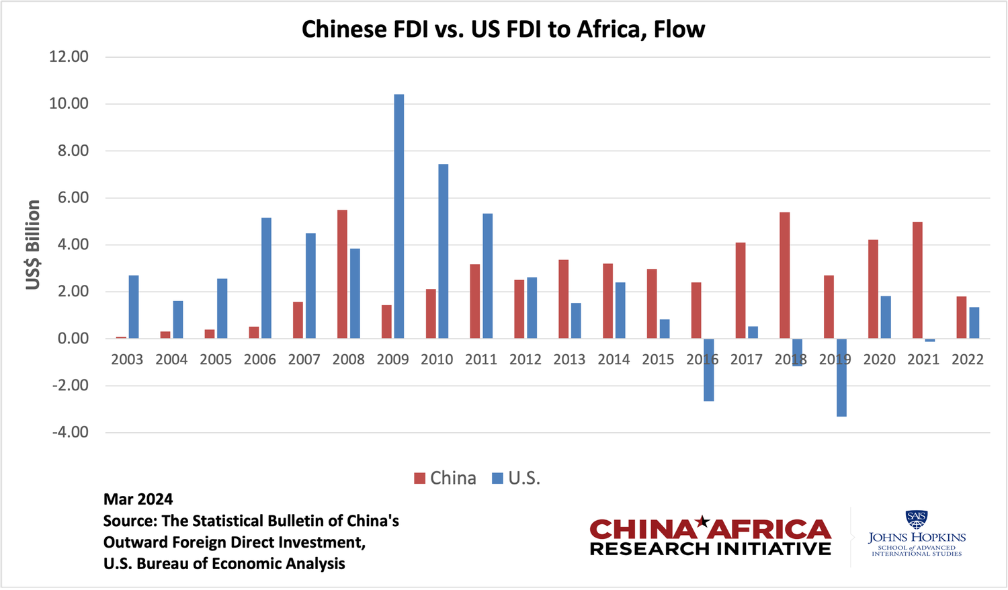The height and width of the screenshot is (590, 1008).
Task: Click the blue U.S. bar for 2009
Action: pyautogui.click(x=399, y=216)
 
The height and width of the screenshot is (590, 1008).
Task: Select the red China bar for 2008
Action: pyautogui.click(x=342, y=274)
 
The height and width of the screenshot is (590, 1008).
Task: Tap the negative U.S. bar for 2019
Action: pyautogui.click(x=841, y=377)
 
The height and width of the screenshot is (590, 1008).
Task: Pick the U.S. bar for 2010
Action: pyautogui.click(x=443, y=251)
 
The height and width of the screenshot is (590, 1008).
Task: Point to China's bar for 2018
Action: pyautogui.click(x=784, y=276)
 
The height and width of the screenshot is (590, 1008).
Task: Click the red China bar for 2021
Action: pyautogui.click(x=917, y=280)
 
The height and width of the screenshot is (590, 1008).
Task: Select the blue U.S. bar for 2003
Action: pyautogui.click(x=134, y=307)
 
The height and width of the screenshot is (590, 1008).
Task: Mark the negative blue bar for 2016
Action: pyautogui.click(x=708, y=370)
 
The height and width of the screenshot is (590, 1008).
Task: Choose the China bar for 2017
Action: pyautogui.click(x=741, y=290)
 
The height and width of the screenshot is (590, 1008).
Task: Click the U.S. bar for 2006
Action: pyautogui.click(x=266, y=278)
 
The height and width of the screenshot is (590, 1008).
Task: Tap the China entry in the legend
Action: pyautogui.click(x=445, y=478)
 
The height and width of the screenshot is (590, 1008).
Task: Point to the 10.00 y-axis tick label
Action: pyautogui.click(x=69, y=103)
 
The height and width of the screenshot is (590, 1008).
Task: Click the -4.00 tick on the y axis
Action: pyautogui.click(x=71, y=432)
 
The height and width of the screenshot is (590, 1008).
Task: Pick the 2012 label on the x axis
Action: pyautogui.click(x=526, y=360)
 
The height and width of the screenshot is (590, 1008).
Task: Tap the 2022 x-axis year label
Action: pyautogui.click(x=968, y=360)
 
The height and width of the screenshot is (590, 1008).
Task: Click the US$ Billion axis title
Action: pyautogui.click(x=33, y=245)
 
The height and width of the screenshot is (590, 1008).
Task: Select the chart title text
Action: pyautogui.click(x=503, y=30)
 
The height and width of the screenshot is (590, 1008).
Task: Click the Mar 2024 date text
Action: pyautogui.click(x=138, y=499)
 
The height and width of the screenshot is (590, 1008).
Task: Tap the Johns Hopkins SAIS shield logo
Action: pyautogui.click(x=917, y=519)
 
